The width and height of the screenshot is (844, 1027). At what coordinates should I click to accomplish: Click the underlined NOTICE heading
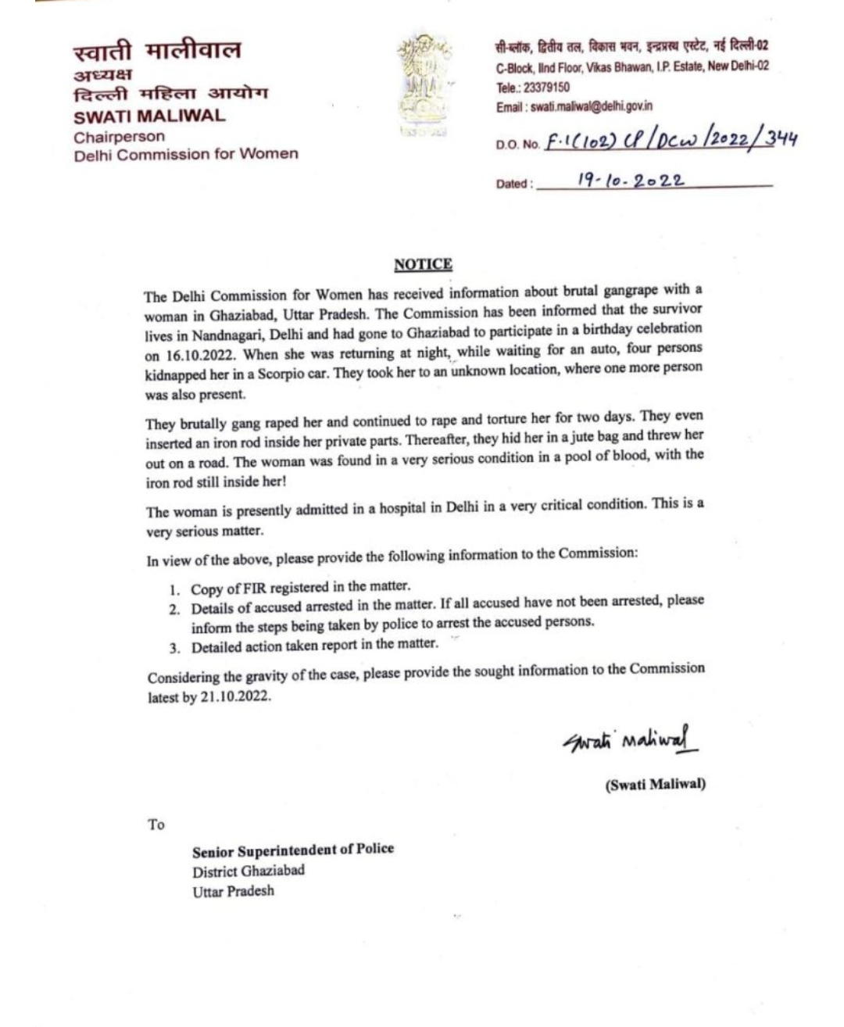pos(423,264)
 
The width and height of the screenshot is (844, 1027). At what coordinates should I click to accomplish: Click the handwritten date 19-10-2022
pos(631,180)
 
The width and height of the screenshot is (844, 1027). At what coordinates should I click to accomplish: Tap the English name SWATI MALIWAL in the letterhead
pos(149,116)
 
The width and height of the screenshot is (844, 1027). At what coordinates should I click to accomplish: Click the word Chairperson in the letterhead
pos(119,137)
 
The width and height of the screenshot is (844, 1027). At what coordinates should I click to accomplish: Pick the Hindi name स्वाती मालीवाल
pos(157,52)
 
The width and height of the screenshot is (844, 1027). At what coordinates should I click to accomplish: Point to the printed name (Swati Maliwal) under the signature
pos(655,785)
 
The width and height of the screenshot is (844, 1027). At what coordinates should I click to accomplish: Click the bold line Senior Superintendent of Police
pos(293,849)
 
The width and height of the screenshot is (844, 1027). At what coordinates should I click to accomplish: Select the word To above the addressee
pos(156,825)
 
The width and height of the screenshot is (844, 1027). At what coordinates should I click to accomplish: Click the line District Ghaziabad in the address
pos(249,870)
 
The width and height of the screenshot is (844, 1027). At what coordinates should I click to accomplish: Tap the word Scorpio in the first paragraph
pos(275,373)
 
